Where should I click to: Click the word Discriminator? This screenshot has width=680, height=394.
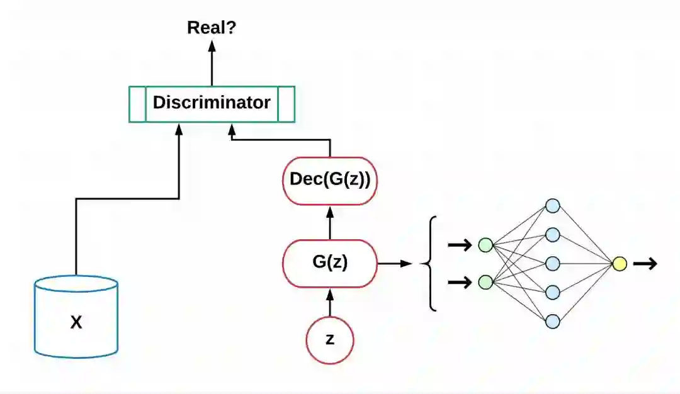point(212,103)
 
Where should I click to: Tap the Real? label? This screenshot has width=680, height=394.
point(212,27)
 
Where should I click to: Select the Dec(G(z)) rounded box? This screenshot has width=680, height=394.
point(330,179)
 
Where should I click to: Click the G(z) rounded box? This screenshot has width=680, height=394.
point(330,263)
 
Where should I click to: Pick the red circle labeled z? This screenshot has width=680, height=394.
point(330,340)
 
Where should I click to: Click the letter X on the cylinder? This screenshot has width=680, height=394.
point(76,323)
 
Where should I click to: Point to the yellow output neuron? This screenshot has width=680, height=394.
point(620,264)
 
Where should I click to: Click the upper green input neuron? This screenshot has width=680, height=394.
point(485,245)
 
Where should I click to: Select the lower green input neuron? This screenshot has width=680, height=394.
point(485,282)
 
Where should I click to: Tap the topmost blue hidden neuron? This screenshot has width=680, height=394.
point(553,206)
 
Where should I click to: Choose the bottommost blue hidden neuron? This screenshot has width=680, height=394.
point(553,321)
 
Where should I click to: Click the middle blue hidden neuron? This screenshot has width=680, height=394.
point(553,263)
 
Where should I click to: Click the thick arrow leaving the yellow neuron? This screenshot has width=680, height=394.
point(645,264)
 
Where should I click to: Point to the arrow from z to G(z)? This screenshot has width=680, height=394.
point(330,302)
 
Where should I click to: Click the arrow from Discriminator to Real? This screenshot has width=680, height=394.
point(212,63)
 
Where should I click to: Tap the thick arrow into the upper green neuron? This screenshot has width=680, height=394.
point(460,245)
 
